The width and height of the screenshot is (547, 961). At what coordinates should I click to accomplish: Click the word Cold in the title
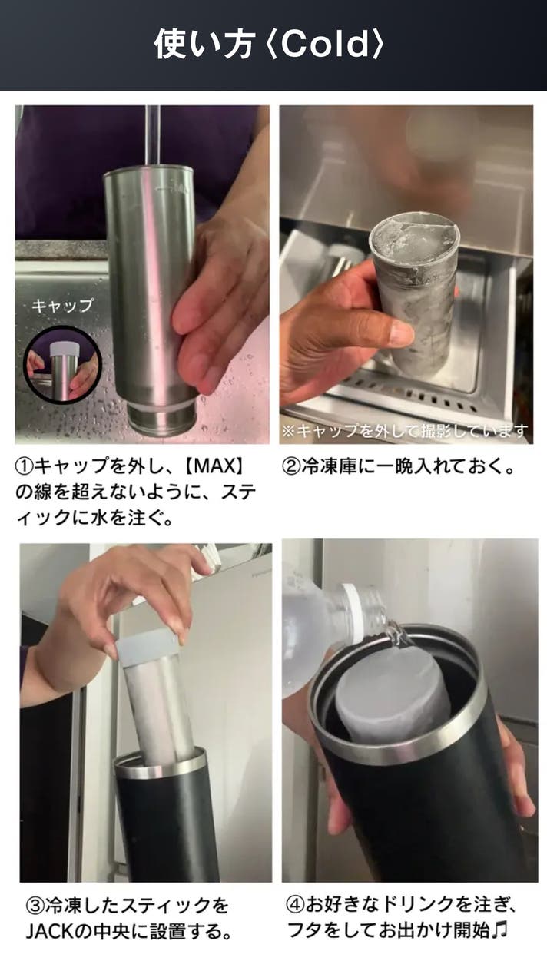325,44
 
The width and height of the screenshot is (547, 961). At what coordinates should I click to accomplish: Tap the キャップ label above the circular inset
62,306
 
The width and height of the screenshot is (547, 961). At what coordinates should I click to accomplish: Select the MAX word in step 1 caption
215,466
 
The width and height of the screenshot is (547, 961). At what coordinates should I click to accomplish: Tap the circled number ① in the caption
25,466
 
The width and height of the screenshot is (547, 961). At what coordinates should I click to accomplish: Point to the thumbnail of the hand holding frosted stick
406,274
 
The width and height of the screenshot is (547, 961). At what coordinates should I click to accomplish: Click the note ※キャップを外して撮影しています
405,430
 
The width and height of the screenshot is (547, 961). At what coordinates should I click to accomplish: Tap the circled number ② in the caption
291,466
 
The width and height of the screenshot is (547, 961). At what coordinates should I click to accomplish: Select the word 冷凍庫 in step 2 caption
329,466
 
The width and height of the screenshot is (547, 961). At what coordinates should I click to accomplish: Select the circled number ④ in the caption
295,905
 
